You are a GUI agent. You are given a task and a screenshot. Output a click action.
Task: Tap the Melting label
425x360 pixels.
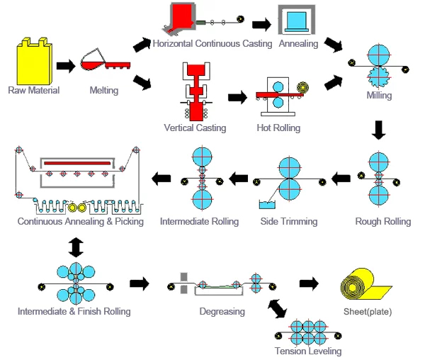(x=104, y=90)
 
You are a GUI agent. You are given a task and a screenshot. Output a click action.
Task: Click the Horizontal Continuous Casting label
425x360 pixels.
(x=212, y=44)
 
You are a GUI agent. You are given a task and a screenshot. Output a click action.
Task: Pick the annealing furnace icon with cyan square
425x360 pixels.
(x=298, y=21)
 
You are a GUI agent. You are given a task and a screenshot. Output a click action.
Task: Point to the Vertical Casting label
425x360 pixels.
(x=195, y=128)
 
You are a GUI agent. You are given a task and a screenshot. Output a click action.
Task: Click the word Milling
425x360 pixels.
(x=379, y=96)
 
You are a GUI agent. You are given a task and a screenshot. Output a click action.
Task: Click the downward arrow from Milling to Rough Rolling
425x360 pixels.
(x=379, y=130)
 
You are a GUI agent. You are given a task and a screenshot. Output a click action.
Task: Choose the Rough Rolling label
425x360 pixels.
(x=382, y=222)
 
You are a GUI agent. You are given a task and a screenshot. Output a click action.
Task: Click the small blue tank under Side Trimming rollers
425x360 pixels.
(x=268, y=205)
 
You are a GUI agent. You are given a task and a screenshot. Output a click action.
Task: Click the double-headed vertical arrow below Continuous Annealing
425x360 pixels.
(x=76, y=247)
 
